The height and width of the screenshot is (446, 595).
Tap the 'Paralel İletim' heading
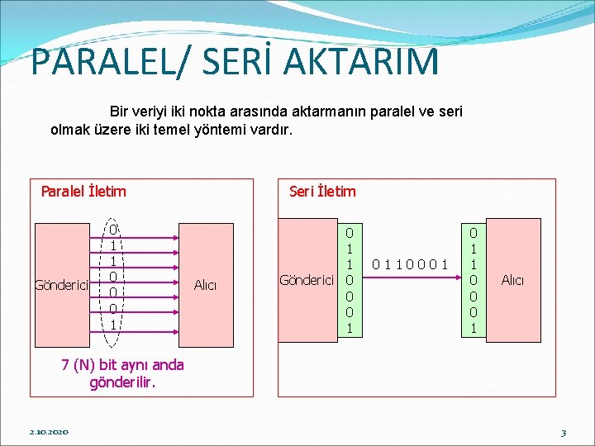point(83,192)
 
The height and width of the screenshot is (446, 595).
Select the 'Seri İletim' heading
point(322,192)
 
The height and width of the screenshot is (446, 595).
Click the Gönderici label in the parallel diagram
point(61,286)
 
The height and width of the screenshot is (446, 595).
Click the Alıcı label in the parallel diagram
point(205,286)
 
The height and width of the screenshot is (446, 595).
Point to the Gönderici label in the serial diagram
point(307,280)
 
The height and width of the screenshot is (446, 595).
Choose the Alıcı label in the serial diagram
point(512,280)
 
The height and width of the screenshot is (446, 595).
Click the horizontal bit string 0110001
point(411,265)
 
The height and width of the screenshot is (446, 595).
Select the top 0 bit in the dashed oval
point(113,229)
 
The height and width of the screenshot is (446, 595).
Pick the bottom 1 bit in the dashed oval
point(113,324)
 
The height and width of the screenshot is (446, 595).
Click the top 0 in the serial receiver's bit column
point(473,234)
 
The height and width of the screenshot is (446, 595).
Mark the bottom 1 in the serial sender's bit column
point(350,328)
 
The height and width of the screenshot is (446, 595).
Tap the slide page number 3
point(563,432)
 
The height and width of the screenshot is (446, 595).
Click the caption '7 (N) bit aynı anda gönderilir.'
point(123,374)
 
